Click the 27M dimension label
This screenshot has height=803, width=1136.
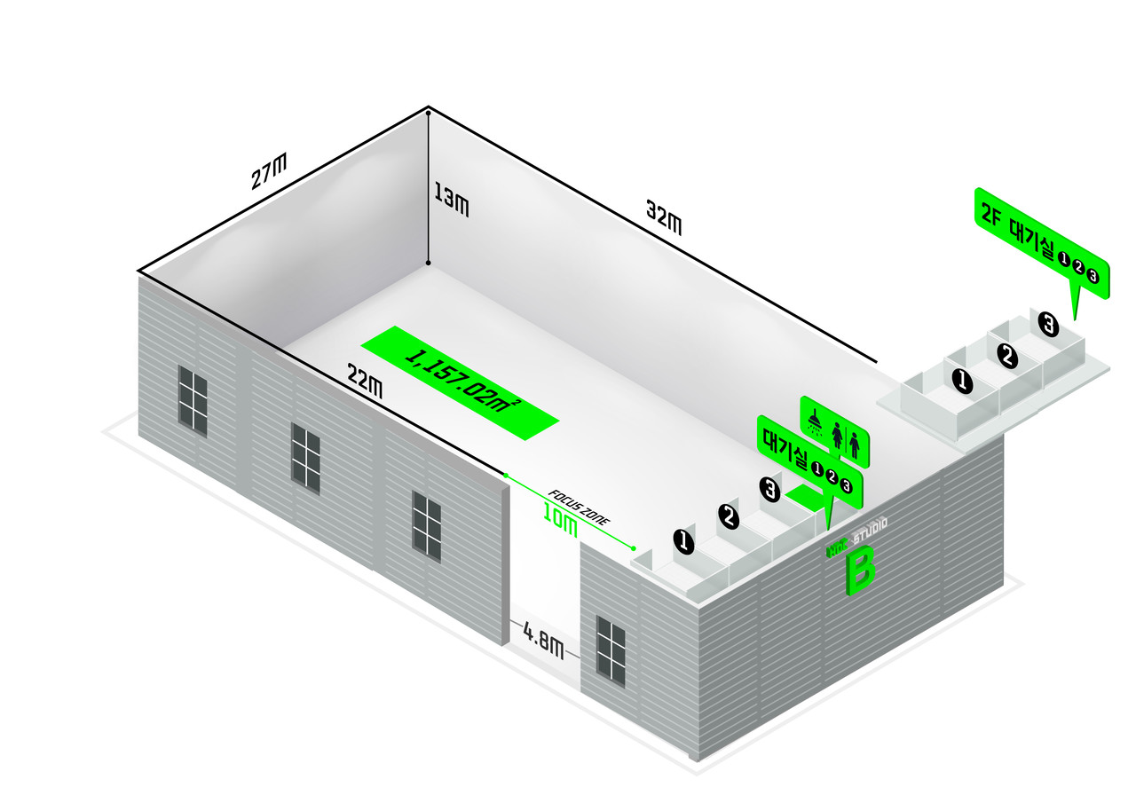269,171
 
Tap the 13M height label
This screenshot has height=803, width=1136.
451,199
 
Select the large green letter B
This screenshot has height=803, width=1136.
859,570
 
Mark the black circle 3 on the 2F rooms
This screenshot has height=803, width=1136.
1049,326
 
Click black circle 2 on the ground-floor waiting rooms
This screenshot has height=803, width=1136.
729,516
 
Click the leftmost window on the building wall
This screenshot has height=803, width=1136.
193,400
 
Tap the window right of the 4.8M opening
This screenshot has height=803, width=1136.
611,651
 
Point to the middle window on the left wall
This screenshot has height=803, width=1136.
305,457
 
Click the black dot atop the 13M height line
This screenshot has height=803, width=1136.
429,113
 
